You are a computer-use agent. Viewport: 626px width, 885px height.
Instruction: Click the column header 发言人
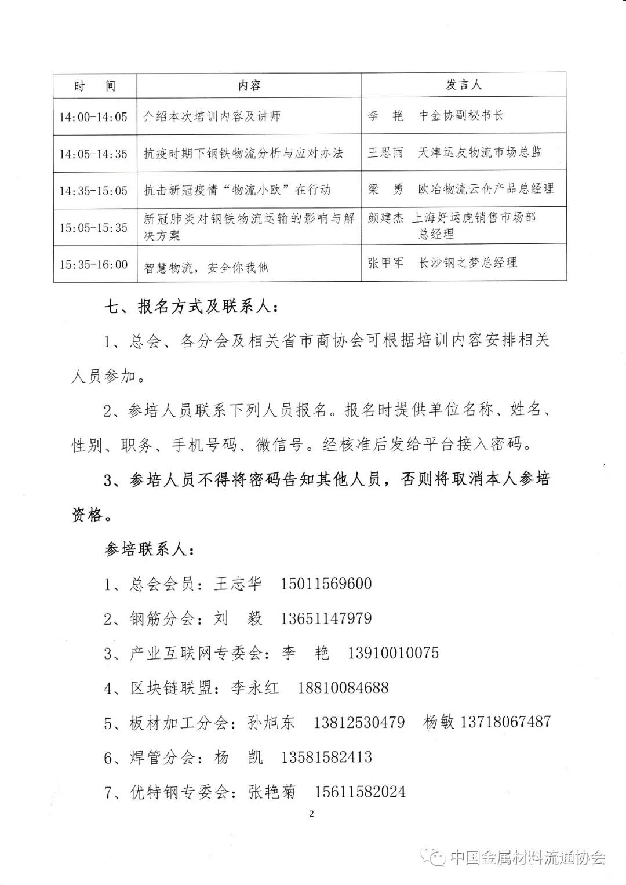pos(464,85)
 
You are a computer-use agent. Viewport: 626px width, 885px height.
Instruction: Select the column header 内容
pos(249,86)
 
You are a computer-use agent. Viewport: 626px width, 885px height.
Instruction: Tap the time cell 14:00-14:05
pos(93,116)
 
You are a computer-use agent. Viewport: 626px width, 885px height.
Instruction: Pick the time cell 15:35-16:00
pos(93,265)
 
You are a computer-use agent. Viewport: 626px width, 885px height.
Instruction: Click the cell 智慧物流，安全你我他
pos(206,267)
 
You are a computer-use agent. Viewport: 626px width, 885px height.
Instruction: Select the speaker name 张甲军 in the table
pos(385,263)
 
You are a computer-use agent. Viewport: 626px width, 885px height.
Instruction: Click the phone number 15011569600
pos(326,584)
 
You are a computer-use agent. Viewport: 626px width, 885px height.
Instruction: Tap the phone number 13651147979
pos(326,618)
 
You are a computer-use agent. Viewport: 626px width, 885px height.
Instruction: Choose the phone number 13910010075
pos(394,653)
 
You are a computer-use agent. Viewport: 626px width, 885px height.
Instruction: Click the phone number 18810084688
pos(343,688)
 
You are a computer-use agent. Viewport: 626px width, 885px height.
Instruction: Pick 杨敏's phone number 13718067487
pos(505,722)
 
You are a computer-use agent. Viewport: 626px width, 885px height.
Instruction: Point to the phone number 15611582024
pos(360,792)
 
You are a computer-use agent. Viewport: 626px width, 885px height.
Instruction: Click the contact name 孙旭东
pos(271,723)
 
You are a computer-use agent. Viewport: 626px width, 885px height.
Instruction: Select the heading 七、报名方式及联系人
pos(191,307)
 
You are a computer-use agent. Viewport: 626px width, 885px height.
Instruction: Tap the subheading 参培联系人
pos(150,549)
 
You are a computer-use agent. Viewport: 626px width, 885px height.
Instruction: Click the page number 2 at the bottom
pos(311,814)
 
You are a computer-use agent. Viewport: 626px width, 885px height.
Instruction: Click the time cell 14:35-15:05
pos(93,191)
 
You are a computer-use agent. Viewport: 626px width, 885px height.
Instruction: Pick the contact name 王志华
pos(238,584)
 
